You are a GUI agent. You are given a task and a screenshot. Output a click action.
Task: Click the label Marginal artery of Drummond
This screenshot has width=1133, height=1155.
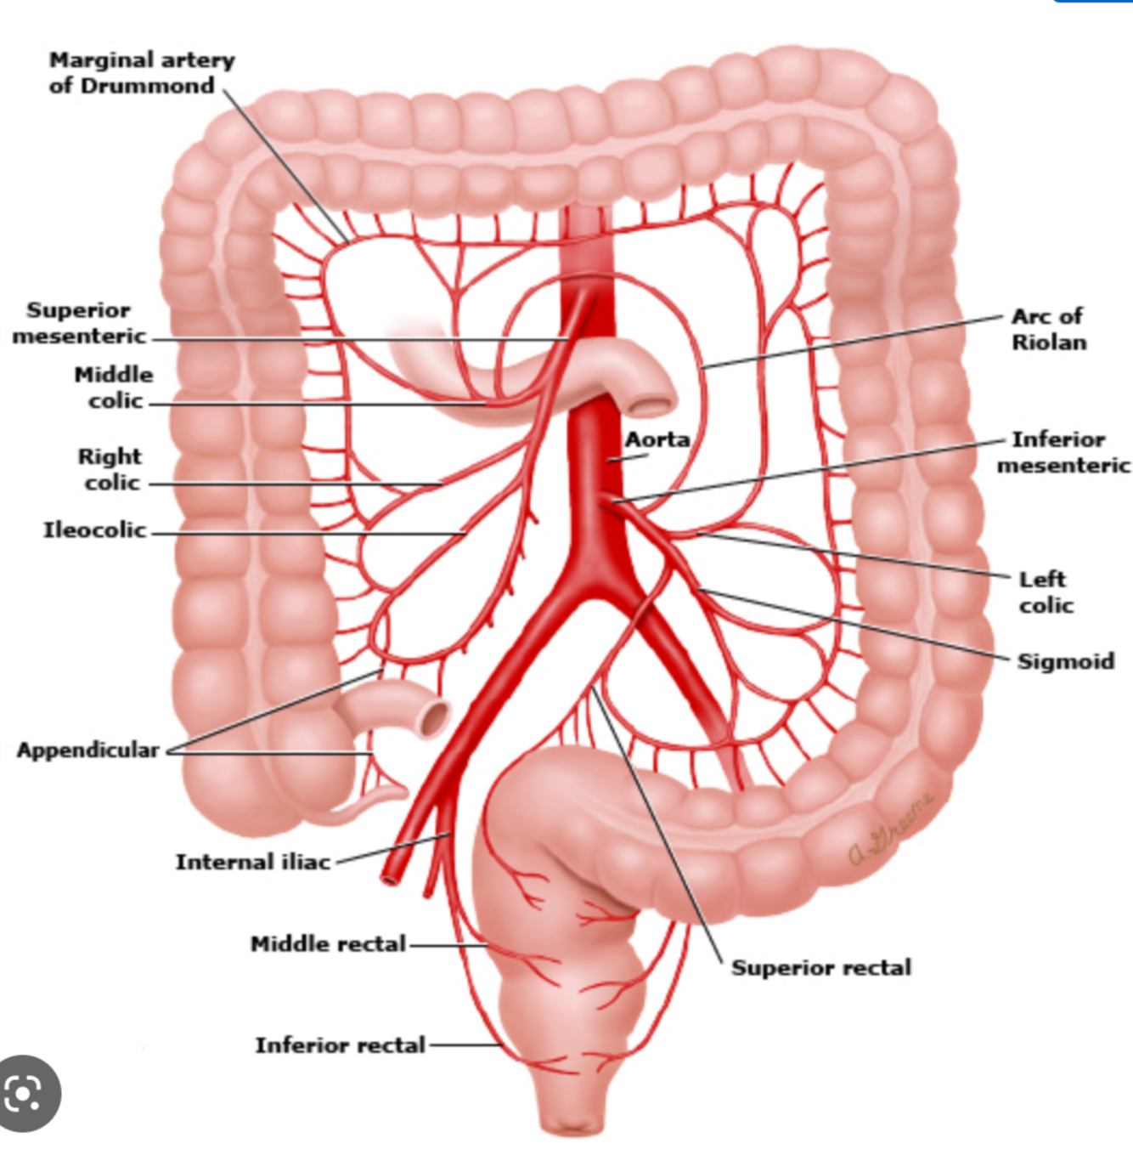point(141,73)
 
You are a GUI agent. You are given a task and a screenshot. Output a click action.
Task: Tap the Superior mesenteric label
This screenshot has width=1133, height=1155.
point(78,323)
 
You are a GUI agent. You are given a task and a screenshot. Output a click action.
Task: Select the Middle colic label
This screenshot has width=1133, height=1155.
point(114,388)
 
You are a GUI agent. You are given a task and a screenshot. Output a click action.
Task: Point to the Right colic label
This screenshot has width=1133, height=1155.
point(110,469)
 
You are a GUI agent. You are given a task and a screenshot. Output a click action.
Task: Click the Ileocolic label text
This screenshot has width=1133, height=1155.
point(94,530)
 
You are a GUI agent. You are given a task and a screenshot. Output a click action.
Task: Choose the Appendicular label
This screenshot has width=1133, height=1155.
point(88,750)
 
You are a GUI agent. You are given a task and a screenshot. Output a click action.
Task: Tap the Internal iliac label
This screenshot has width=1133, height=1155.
point(252,862)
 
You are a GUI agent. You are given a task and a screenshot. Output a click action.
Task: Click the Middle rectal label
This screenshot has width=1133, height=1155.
point(328,944)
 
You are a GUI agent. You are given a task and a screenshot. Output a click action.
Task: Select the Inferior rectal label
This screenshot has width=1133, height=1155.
point(340,1045)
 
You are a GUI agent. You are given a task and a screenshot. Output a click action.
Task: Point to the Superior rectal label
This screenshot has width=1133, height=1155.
point(821,968)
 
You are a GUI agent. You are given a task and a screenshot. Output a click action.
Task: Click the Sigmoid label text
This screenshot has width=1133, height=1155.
point(1066,661)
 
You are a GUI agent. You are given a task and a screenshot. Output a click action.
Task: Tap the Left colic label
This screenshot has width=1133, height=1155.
point(1046,592)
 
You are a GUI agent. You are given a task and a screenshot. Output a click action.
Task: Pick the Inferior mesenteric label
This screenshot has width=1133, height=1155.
point(1063,452)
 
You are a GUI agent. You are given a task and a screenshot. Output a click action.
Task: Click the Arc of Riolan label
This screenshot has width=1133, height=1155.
point(1048,329)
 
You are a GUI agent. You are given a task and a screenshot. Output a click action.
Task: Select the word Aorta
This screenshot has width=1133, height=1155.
point(657,440)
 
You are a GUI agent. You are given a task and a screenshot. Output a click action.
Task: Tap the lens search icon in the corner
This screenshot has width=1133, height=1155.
point(29,1094)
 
